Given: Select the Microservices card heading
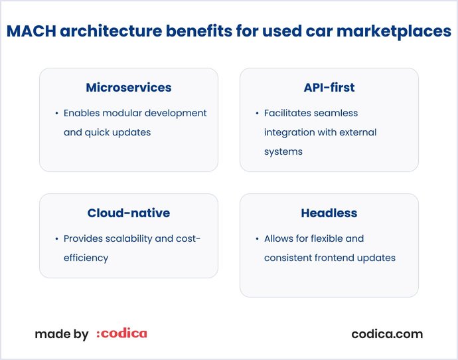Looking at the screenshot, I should click(129, 88).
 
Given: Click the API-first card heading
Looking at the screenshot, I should click(329, 88).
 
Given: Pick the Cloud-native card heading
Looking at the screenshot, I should click(129, 213).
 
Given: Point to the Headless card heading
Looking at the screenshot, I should click(329, 213).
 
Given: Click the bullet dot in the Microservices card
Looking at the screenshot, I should click(56, 114).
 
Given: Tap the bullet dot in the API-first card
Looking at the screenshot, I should click(257, 114).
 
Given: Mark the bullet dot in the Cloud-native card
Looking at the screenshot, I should click(56, 239).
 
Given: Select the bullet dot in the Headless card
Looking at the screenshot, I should click(257, 239).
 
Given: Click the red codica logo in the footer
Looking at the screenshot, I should click(122, 334).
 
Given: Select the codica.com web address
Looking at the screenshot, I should click(387, 334).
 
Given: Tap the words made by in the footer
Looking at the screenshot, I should click(62, 334).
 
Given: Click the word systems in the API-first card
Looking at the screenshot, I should click(283, 151).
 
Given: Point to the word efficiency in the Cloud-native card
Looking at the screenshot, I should click(86, 258).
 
